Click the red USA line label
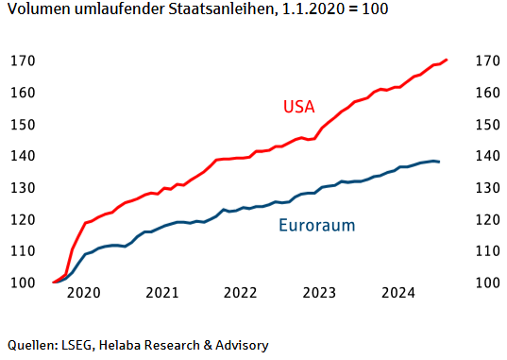pyautogui.click(x=298, y=106)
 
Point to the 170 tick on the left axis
pyautogui.click(x=23, y=61)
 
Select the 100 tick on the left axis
pyautogui.click(x=23, y=283)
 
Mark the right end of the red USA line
pyautogui.click(x=448, y=60)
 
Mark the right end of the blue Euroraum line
pyautogui.click(x=440, y=162)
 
